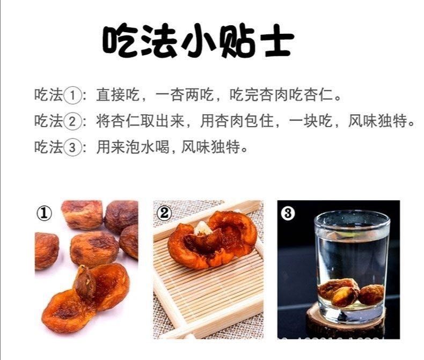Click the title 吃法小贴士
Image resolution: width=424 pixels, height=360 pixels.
198,41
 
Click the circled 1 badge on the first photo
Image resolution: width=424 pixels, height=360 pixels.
44,214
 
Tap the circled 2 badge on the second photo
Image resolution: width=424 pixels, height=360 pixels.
164,214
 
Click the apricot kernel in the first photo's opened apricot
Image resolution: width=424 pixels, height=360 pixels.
84,282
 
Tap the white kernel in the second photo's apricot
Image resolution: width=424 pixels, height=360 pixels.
203,228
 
